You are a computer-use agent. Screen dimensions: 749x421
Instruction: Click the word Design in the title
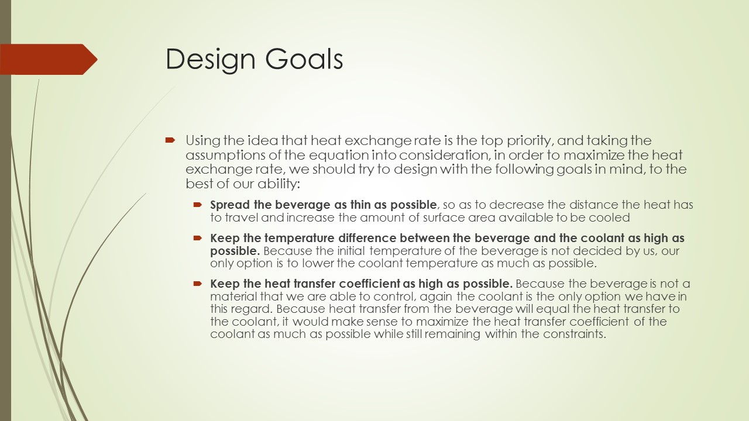click(211, 60)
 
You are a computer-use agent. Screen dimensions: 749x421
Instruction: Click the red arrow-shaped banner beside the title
click(49, 59)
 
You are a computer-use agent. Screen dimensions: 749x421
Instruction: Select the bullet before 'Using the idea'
click(170, 140)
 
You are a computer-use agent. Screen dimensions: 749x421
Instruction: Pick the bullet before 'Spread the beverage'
click(198, 204)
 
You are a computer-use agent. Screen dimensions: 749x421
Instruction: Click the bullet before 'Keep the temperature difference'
click(198, 238)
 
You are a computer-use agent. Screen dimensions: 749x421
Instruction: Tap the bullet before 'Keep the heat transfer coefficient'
click(198, 284)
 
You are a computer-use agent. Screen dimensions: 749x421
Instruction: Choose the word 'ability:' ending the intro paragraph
click(279, 184)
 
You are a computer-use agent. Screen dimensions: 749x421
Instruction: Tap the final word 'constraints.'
click(575, 334)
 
